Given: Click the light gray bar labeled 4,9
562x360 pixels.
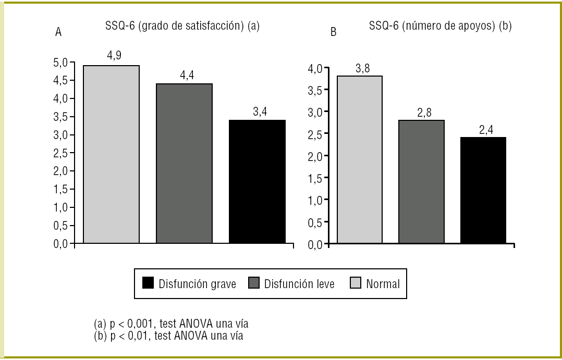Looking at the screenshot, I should [111, 154].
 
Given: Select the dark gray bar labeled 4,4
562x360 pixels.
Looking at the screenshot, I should [184, 163].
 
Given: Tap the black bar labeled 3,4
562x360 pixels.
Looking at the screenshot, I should [257, 181].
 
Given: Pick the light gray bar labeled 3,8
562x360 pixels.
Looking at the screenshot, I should [359, 159].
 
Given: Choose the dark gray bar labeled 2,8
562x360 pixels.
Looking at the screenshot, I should [421, 181].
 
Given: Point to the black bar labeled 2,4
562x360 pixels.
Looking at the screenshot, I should [483, 190].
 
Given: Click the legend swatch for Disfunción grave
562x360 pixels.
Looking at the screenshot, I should [148, 283].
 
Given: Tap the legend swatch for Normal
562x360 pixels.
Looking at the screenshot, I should [356, 283].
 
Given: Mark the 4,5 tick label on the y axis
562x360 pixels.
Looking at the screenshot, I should [60, 81].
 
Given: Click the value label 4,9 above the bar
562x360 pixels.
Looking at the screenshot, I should [114, 56].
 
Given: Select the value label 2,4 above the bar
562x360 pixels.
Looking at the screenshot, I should [486, 130].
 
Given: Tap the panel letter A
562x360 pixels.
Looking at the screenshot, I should [58, 32].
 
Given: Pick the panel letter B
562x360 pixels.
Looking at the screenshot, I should [334, 32].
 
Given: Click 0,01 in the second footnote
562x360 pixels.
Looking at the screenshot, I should [135, 336].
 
